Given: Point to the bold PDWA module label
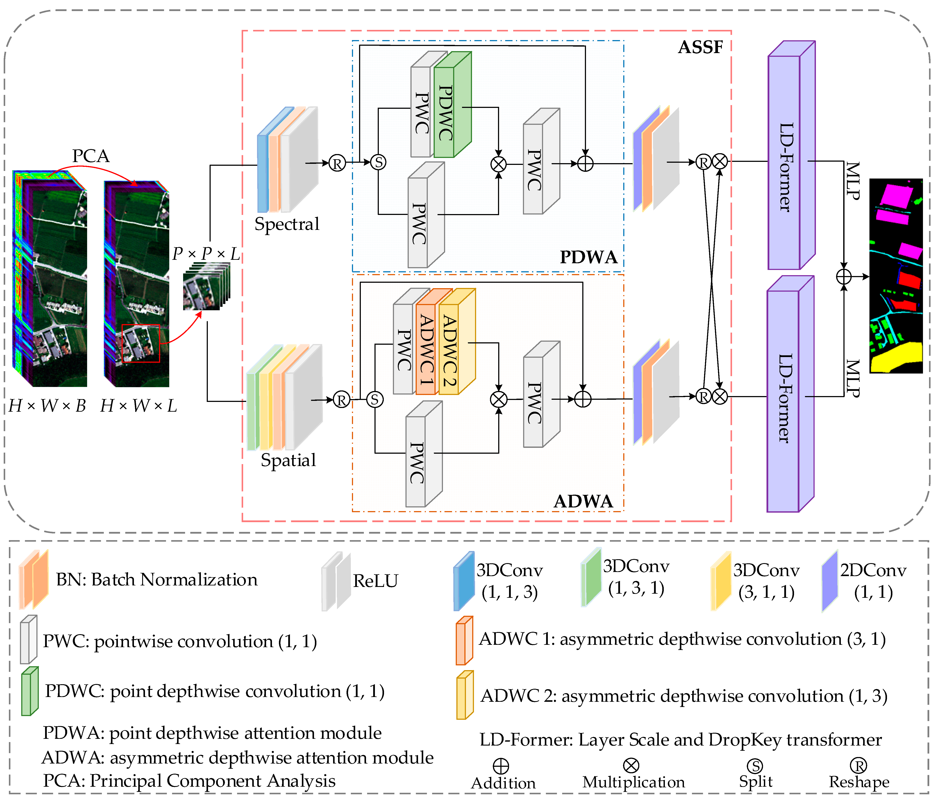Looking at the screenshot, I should (x=588, y=257).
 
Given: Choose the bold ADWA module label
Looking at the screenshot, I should (x=583, y=501).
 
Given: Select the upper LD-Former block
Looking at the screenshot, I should (x=789, y=163).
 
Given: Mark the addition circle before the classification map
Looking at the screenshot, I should (x=843, y=276).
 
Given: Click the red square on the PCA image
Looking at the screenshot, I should (x=141, y=343).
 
